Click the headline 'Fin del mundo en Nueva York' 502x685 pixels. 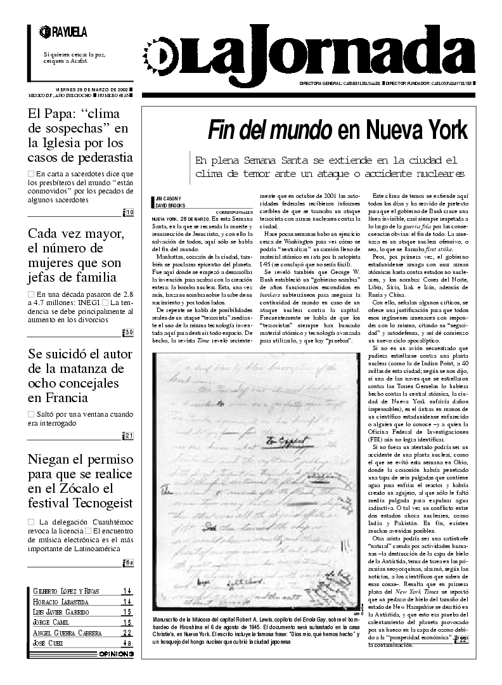[x=337, y=130]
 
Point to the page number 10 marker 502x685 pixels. [x=128, y=212]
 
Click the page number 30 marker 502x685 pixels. [x=128, y=332]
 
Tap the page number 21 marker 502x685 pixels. [x=128, y=435]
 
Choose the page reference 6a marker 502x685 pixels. [x=128, y=562]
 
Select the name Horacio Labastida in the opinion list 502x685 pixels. [x=61, y=601]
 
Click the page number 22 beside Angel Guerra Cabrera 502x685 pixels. [x=127, y=632]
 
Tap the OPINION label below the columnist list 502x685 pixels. [x=116, y=653]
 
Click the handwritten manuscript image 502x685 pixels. [x=254, y=481]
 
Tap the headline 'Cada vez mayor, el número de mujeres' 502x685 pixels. [x=73, y=255]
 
